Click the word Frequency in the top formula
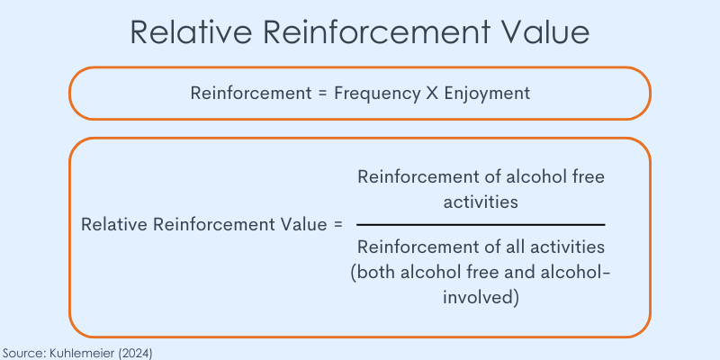(376, 94)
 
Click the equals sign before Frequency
(322, 94)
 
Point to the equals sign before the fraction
(338, 225)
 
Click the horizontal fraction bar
(481, 225)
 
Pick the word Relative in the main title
(191, 32)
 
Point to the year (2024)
(135, 353)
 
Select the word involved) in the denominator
(481, 297)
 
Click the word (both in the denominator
(373, 274)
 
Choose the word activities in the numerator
(481, 202)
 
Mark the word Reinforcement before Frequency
(251, 94)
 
